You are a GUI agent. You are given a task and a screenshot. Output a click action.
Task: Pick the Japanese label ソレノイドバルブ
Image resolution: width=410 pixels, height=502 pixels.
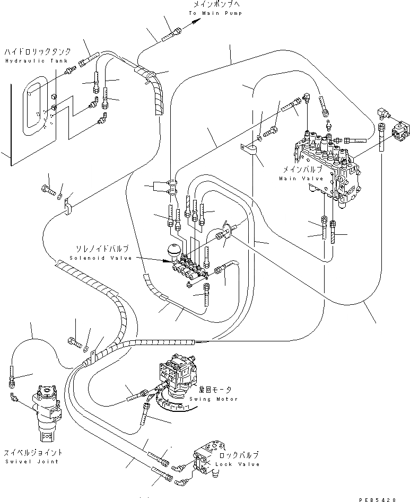(100, 249)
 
